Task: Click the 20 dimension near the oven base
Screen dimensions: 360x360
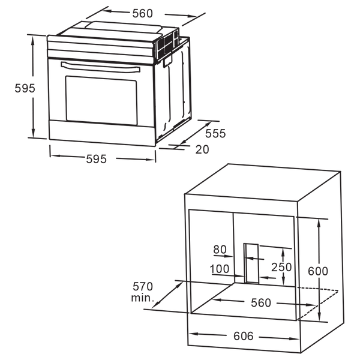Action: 202,150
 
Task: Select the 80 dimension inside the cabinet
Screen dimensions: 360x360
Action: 221,248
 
